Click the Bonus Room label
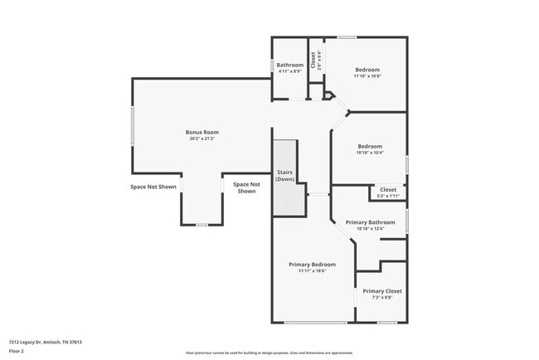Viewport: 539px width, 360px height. [x=202, y=132]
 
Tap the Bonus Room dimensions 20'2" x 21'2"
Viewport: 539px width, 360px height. [x=202, y=139]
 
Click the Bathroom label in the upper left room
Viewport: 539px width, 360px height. [x=290, y=65]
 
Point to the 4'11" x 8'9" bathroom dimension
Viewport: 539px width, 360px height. [x=290, y=71]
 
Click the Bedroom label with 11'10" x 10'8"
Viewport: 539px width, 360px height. [x=367, y=70]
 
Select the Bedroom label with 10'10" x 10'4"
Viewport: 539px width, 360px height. [x=370, y=146]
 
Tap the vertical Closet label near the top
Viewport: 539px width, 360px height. [x=313, y=60]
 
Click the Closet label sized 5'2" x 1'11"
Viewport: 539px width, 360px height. [x=388, y=189]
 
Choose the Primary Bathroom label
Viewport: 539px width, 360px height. [x=370, y=221]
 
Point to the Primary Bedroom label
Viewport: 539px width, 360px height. [x=312, y=265]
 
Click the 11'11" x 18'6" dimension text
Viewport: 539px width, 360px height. [x=312, y=271]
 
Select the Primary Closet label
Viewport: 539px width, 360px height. [x=382, y=291]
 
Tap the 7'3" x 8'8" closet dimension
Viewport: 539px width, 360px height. [x=382, y=298]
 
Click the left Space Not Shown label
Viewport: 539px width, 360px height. [x=153, y=187]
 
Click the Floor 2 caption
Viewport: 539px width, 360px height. [x=17, y=352]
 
